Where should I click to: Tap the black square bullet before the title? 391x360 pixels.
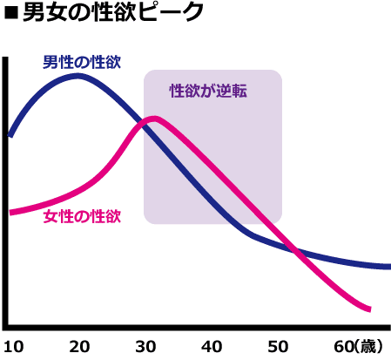click(10, 14)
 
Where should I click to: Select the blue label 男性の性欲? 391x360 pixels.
click(82, 62)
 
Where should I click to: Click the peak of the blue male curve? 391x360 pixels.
click(78, 76)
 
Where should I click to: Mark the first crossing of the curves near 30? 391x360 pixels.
click(144, 124)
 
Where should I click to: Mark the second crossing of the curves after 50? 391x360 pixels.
click(297, 253)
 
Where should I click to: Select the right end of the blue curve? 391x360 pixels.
click(388, 266)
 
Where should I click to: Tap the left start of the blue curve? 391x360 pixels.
click(10, 135)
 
